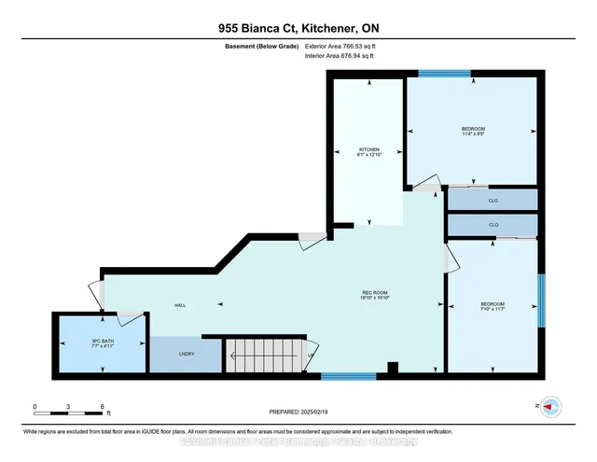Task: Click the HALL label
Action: [x=181, y=305]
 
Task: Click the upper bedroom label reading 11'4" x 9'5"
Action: [x=473, y=132]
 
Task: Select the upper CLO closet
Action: [x=493, y=199]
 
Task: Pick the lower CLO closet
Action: [x=493, y=225]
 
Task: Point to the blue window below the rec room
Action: [x=348, y=375]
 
